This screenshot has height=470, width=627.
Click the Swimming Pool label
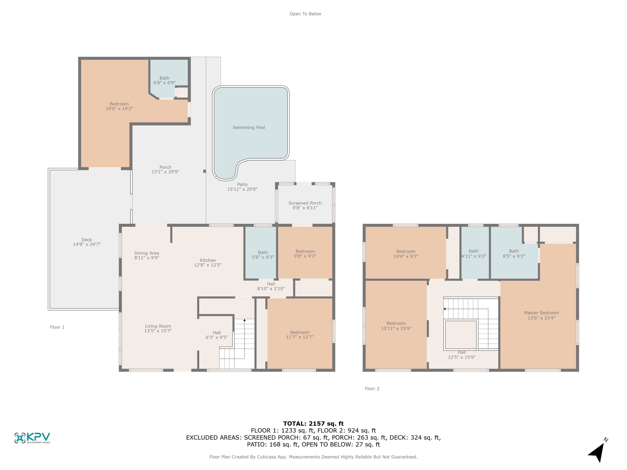point(249,127)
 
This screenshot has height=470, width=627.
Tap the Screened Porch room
point(305,205)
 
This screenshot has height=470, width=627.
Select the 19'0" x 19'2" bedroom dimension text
point(119,108)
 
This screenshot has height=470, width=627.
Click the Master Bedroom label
point(541,313)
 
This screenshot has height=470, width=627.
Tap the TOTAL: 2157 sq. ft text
point(313,424)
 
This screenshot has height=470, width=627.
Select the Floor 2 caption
point(372,388)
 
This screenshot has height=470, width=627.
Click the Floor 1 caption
point(57,327)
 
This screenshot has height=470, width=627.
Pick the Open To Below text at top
point(305,14)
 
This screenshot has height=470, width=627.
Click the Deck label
point(87,240)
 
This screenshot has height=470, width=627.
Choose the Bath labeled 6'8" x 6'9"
point(164,80)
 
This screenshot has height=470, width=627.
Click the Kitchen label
point(208,260)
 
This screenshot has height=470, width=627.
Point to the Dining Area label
point(147,253)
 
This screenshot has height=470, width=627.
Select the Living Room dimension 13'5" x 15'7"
point(158,331)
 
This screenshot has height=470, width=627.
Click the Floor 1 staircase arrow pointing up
point(244,320)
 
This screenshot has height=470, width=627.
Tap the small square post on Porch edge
point(204,171)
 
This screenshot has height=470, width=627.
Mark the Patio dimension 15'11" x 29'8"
point(242,189)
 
